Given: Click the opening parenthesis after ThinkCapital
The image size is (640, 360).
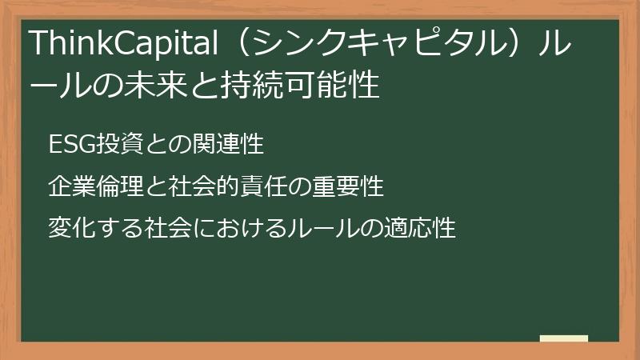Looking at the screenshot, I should [x=225, y=43].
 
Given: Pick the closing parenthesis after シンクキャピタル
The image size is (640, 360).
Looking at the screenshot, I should [x=514, y=43].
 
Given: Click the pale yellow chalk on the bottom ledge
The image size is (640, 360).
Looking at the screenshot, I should [x=563, y=339].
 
